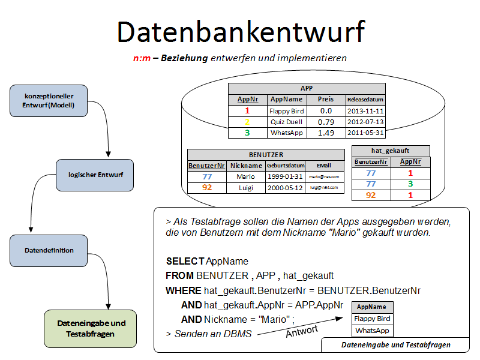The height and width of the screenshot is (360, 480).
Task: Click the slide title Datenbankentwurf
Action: coord(241,31)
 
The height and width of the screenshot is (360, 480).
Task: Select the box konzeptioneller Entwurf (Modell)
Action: coord(49,100)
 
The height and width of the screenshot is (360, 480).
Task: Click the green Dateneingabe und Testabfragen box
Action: coord(91,328)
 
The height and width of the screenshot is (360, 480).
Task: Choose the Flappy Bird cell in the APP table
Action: coord(287,111)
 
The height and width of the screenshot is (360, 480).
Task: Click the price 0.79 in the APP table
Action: coord(326,122)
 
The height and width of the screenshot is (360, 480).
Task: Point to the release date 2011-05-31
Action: coord(365,133)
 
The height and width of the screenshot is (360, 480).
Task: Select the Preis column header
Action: coord(326,100)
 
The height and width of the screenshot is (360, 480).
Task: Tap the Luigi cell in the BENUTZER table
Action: coord(245,188)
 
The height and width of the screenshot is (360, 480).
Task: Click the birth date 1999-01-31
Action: coord(286,176)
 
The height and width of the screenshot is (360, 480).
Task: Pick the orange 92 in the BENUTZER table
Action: coord(207,188)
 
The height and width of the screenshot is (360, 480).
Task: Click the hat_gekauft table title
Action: coord(391,151)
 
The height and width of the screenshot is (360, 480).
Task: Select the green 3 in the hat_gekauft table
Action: coord(410,184)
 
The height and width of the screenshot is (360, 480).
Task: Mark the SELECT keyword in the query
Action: coord(185,262)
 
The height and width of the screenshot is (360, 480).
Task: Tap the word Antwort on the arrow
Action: coord(301,330)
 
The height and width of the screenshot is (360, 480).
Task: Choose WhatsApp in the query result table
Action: coord(372,331)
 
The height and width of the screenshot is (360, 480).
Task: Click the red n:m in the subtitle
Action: coord(141,58)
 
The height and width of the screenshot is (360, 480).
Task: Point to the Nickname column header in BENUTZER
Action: coord(245,166)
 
